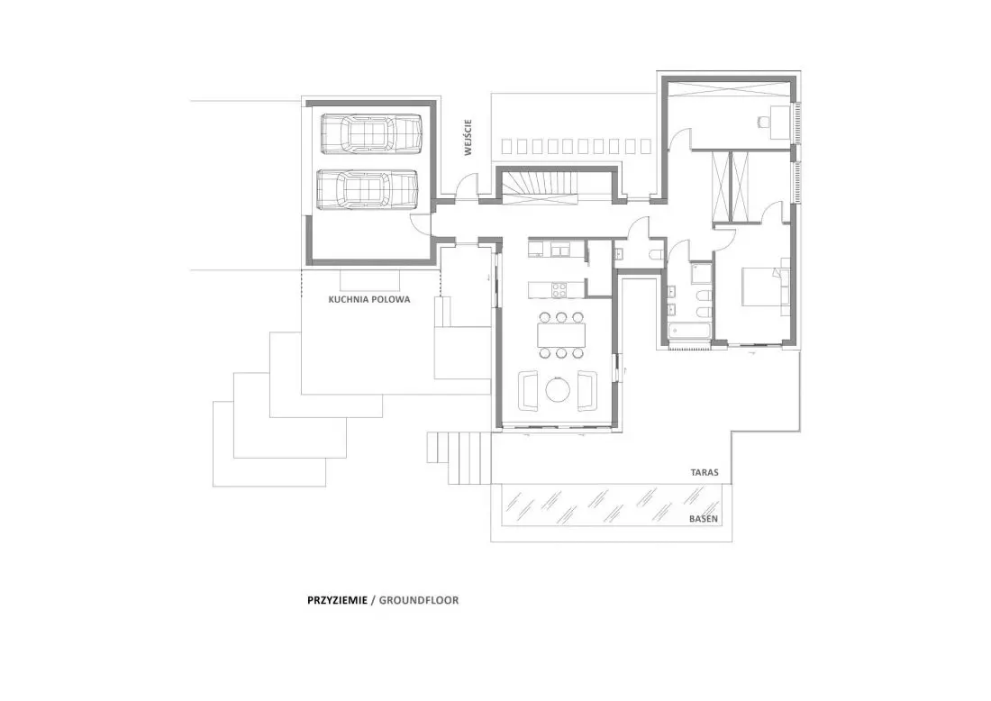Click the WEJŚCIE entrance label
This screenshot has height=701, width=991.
tap(468, 138)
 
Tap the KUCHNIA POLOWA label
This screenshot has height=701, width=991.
tap(369, 300)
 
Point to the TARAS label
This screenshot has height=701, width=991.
tap(705, 472)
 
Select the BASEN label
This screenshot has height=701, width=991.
tap(704, 519)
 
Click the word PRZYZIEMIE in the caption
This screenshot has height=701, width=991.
tap(337, 600)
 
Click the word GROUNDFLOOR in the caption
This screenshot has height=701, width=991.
tap(419, 600)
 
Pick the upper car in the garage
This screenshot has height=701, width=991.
tap(371, 134)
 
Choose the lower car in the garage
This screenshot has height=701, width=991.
tap(368, 189)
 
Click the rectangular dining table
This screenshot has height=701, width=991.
tap(561, 335)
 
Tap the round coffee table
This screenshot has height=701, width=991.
tap(558, 390)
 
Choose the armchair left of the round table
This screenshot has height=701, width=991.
tap(528, 390)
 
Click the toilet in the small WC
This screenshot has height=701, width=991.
tap(655, 254)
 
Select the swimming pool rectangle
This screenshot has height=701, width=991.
tap(611, 505)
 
